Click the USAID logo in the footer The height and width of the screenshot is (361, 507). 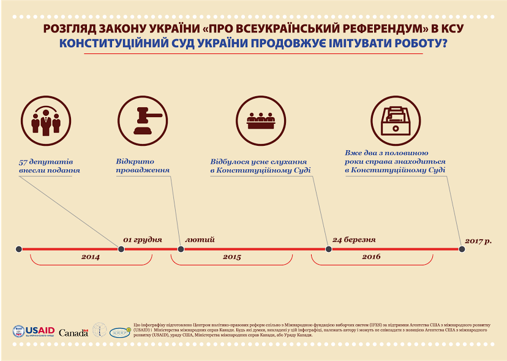pos(34,332)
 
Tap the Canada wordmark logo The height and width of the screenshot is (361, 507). pos(73,332)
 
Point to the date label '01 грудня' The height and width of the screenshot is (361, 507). pos(143,239)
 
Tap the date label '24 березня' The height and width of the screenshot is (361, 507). pos(354,239)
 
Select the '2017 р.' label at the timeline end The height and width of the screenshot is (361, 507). pos(479,241)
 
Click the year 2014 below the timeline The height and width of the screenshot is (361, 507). pos(91,257)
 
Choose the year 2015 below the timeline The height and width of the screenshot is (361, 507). pos(231,257)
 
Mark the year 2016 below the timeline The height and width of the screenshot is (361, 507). pos(371,257)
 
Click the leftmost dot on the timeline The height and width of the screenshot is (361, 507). pos(19,249)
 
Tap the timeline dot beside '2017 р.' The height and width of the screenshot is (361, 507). pos(462,249)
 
